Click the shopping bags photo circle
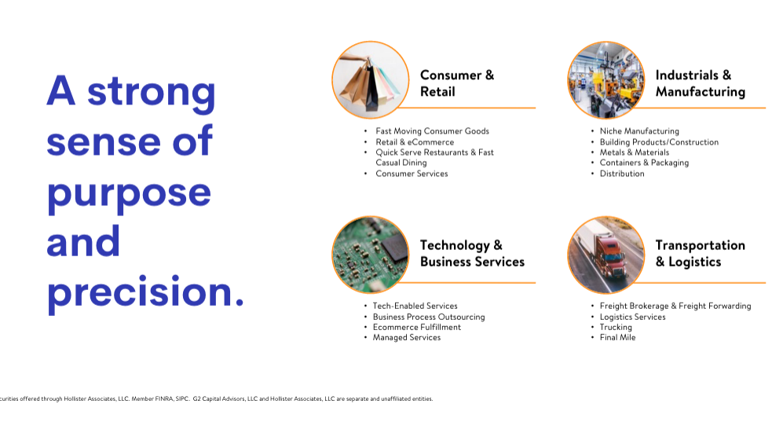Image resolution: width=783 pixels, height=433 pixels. [x=371, y=80]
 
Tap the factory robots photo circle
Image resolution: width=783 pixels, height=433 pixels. [x=606, y=80]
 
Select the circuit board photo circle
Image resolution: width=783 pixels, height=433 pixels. [x=371, y=255]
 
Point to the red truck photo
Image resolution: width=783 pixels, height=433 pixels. [x=606, y=255]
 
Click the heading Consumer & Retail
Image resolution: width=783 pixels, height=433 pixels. [x=457, y=83]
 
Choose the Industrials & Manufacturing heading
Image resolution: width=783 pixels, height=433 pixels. [x=700, y=83]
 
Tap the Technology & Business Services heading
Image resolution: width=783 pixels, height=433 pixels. [x=472, y=253]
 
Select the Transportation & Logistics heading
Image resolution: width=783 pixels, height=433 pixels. [x=700, y=253]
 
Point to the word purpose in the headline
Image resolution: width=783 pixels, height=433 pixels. [x=129, y=195]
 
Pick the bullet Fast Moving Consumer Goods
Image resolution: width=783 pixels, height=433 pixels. [x=433, y=131]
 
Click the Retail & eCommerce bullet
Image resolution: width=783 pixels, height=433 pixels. [x=415, y=141]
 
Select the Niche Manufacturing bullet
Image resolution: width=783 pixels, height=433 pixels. [x=639, y=131]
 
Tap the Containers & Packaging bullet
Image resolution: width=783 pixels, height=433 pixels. [x=644, y=163]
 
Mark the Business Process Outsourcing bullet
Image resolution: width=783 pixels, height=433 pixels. [x=429, y=317]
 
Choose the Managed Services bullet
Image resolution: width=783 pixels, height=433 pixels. [x=407, y=338]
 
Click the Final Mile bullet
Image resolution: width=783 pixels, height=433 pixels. [x=618, y=338]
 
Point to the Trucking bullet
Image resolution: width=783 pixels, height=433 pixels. [x=616, y=327]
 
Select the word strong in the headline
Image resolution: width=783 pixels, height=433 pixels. [x=152, y=94]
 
